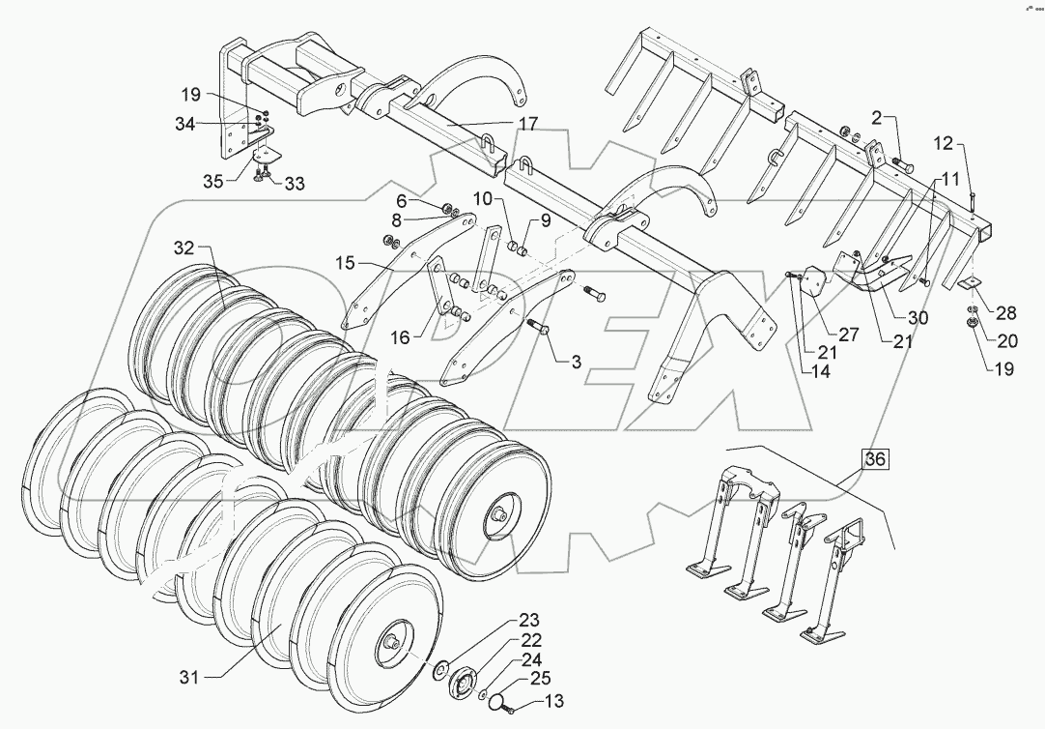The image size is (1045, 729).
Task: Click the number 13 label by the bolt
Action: point(555,702)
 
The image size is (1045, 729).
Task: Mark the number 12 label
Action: point(945,144)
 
